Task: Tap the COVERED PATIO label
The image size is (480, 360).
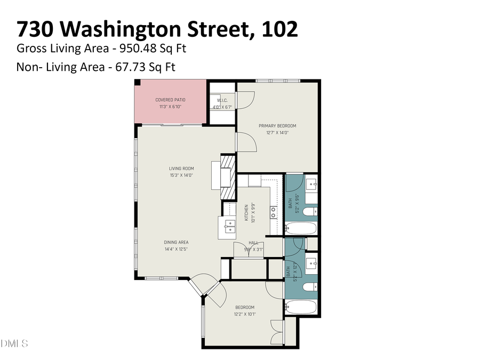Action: tap(170, 100)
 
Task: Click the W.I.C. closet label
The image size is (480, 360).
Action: tap(222, 100)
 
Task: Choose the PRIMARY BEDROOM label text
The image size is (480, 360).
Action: tap(277, 126)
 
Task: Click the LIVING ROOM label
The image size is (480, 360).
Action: tap(181, 169)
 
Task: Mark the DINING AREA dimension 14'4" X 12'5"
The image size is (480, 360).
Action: tap(176, 249)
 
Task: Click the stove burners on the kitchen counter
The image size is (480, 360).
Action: tap(273, 212)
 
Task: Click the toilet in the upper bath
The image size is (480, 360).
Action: tap(309, 212)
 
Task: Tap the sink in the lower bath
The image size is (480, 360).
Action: tap(311, 262)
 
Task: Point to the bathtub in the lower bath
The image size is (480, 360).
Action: tap(301, 307)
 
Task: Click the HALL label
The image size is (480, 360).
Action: tap(253, 243)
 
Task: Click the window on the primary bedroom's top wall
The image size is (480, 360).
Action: tap(277, 81)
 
